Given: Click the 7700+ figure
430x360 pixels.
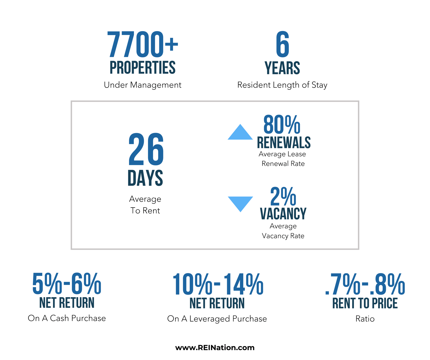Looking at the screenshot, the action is (x=142, y=44).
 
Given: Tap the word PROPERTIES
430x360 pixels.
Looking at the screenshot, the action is (x=142, y=67).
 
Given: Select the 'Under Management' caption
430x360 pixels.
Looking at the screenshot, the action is (x=142, y=85).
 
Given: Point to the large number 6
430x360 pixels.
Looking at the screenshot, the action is (x=282, y=44).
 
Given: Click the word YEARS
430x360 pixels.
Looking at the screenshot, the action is (x=282, y=68).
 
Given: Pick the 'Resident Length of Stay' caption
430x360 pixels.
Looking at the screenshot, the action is (x=282, y=85).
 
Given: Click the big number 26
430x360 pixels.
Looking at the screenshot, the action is (x=146, y=149).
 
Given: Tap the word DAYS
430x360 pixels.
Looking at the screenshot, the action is (x=145, y=178).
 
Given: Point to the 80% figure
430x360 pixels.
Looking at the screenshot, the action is (x=282, y=125).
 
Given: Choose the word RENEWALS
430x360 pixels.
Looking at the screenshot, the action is (x=284, y=143).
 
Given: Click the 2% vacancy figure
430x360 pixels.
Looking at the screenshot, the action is (x=283, y=197).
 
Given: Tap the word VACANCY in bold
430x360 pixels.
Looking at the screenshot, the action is (x=283, y=214).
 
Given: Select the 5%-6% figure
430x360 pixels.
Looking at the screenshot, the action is (x=67, y=283).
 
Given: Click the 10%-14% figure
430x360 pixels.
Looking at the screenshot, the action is (x=218, y=284).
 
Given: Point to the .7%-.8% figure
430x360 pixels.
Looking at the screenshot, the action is (x=365, y=284).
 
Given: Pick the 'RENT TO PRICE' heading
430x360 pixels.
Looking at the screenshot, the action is (x=365, y=303).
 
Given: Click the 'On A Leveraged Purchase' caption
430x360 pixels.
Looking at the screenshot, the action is (x=217, y=319).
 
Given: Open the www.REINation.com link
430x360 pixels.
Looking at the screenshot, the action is (x=215, y=348).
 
